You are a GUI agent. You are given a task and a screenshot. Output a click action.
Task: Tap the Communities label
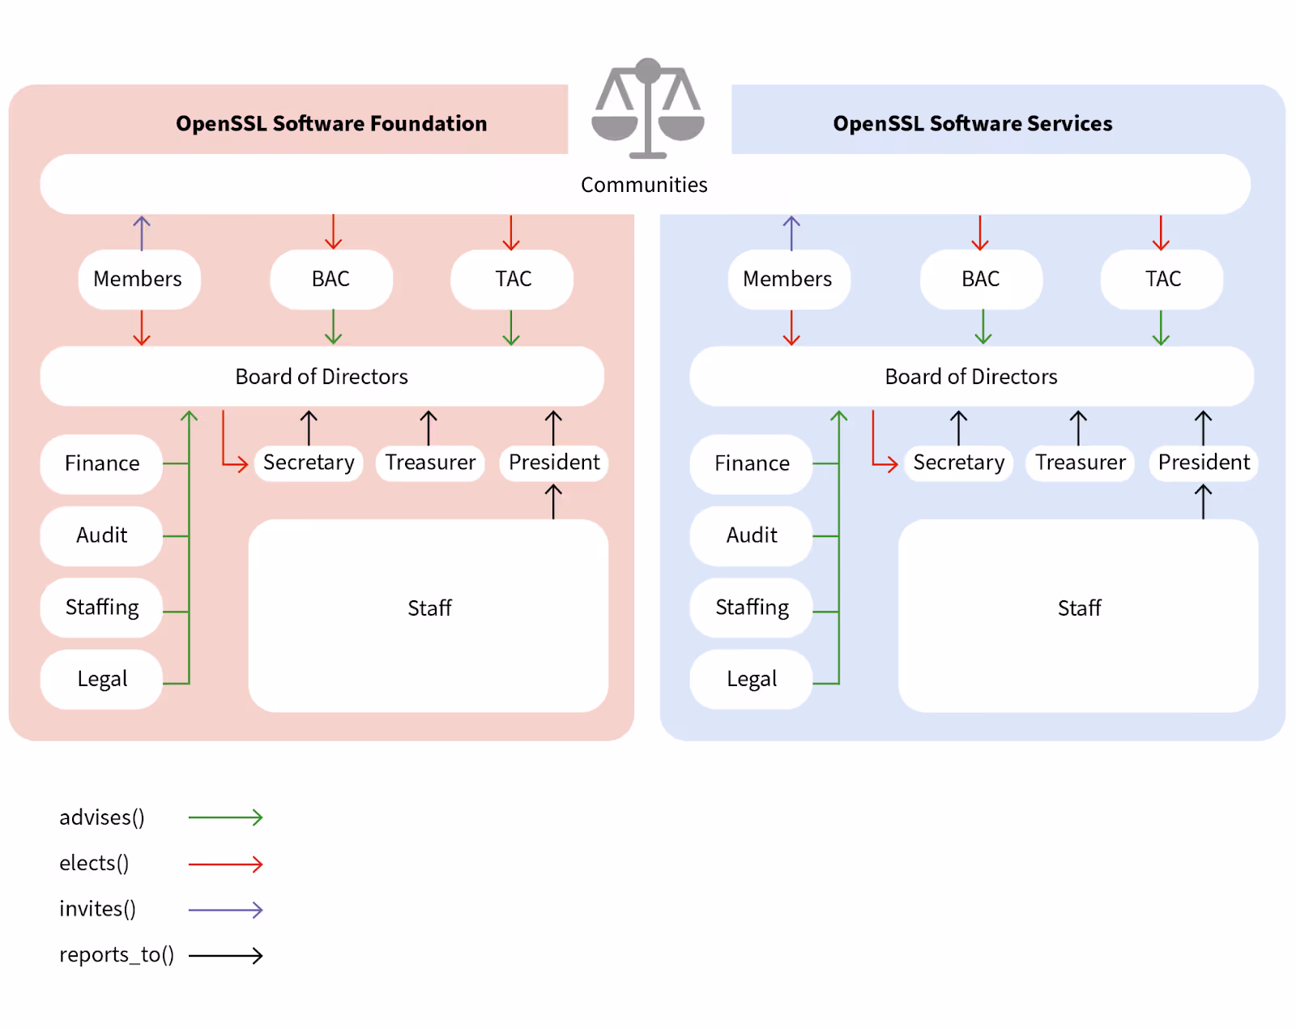pos(644,185)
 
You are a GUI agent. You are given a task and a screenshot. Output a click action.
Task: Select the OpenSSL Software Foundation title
pos(331,123)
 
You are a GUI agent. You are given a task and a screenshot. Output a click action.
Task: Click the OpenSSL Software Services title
pos(972,123)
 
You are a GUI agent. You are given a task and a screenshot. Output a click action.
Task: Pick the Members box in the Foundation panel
pos(139,279)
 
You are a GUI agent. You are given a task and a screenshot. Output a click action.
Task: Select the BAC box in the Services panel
pos(981,279)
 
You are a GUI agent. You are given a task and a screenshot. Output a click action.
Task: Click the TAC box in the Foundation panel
pos(512,279)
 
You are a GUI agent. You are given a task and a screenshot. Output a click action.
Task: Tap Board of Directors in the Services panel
pos(971,377)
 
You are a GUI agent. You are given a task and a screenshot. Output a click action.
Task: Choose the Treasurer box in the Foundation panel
pos(430,463)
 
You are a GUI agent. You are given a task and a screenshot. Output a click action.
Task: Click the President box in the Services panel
pos(1204,463)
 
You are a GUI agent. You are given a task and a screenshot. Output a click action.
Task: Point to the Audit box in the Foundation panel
pos(101,535)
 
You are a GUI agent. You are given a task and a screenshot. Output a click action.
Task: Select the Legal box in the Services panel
pos(751,679)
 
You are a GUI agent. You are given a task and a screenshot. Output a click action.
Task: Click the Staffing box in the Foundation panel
pos(101,608)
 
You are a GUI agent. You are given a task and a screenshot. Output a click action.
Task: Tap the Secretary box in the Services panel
pos(958,463)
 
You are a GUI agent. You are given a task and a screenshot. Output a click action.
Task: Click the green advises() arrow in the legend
pos(225,817)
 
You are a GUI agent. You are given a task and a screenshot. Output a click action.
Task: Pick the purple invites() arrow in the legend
pos(225,910)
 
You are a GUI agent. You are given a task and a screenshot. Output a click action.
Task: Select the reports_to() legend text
pos(117,955)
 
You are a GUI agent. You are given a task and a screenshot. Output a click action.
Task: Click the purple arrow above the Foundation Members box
pos(142,232)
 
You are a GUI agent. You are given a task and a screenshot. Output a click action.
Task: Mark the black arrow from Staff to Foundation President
pos(553,501)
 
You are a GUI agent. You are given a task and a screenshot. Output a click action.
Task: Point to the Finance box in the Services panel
pos(751,463)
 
